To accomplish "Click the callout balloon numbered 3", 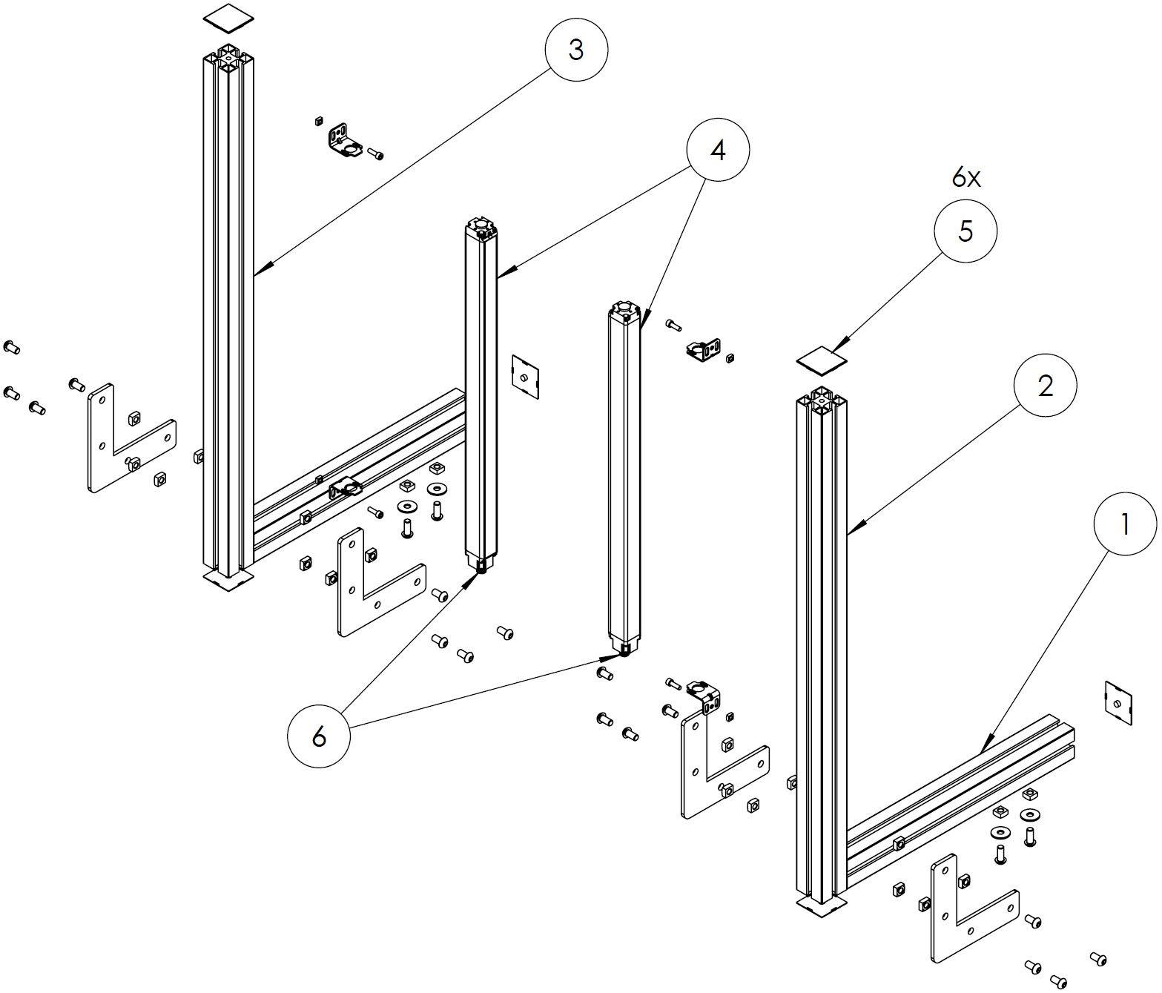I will [x=576, y=50].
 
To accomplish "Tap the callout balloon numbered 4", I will [x=718, y=151].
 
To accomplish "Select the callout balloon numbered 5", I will [x=965, y=231].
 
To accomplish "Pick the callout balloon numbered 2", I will [x=1046, y=386].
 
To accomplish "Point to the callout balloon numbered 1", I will [x=1125, y=525].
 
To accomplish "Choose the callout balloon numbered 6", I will [x=319, y=736].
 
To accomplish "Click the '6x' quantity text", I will [x=966, y=178].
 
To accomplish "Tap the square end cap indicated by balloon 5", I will [x=822, y=359].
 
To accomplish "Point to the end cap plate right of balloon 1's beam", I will [x=1119, y=702].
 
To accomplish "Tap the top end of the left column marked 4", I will [x=481, y=225].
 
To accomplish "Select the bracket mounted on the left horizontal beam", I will [x=346, y=489].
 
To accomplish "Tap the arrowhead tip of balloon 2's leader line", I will [x=848, y=535].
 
